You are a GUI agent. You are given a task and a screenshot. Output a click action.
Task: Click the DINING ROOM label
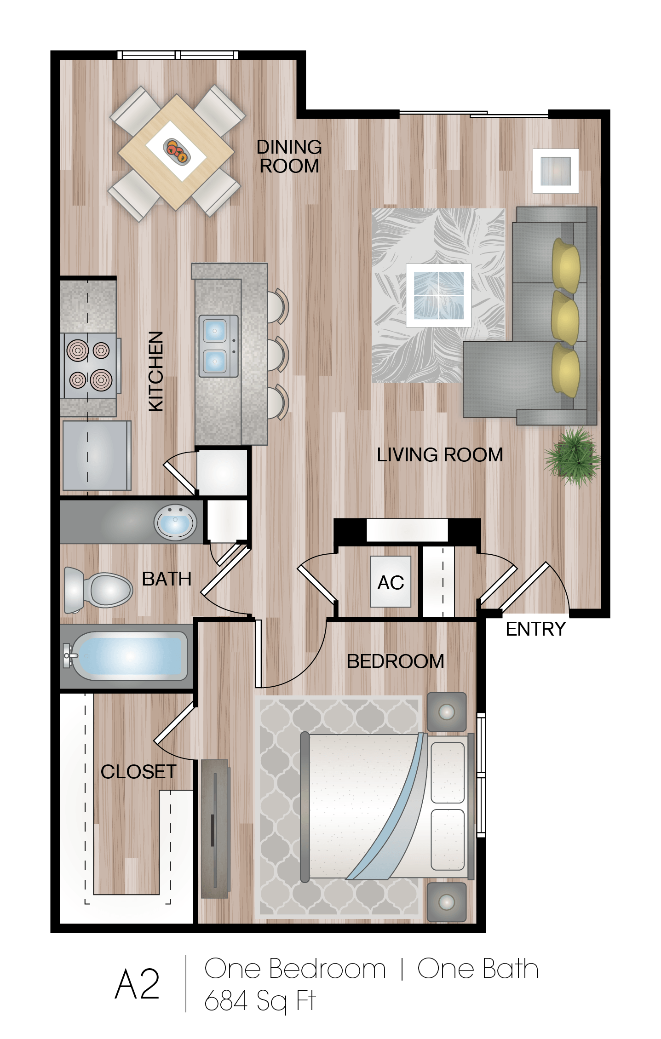coord(289,157)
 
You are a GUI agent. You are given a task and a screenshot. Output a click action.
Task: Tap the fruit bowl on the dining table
coord(176,150)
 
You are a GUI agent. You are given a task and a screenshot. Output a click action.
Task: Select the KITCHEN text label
coord(156,371)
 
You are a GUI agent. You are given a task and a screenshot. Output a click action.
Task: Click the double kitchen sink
coord(218,346)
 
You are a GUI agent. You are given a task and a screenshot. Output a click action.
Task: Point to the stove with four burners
coord(90,366)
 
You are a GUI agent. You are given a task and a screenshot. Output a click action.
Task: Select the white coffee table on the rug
coord(438,295)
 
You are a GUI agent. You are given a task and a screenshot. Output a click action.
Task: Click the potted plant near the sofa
coord(573,456)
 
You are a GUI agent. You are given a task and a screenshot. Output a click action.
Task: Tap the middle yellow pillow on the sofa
coord(565,317)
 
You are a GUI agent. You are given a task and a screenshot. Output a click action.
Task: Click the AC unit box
coord(391,582)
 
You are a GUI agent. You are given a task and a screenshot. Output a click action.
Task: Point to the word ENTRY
coord(535,629)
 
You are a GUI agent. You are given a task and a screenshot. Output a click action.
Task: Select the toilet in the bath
coord(98,590)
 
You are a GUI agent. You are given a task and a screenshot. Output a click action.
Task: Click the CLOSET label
coord(138,772)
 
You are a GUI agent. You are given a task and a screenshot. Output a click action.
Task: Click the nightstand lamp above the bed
coord(446,712)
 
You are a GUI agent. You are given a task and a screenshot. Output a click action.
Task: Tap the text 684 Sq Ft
coord(260,1001)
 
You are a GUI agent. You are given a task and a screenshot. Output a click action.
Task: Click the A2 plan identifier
coord(137,984)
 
